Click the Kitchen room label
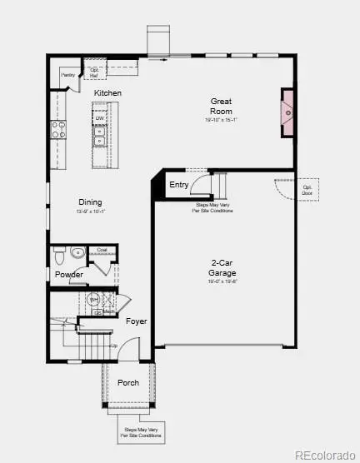(107, 92)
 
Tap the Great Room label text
(221, 107)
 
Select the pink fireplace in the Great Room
(287, 111)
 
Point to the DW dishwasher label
(99, 118)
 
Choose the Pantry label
(69, 75)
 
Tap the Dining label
(91, 202)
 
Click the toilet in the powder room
(58, 254)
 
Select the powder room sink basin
(77, 252)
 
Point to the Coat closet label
(102, 249)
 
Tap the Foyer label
(136, 321)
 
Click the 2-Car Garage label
(222, 267)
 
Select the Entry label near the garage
(179, 185)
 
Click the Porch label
(127, 382)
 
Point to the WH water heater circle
(93, 298)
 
